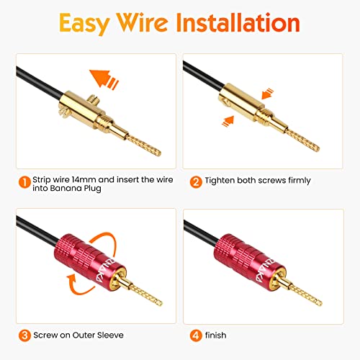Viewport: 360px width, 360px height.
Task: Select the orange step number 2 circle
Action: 194,181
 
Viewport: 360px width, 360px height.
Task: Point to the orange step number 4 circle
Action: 194,335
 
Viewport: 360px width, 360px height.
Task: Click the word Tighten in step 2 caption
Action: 222,181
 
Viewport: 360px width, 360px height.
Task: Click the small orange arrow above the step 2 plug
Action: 267,94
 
